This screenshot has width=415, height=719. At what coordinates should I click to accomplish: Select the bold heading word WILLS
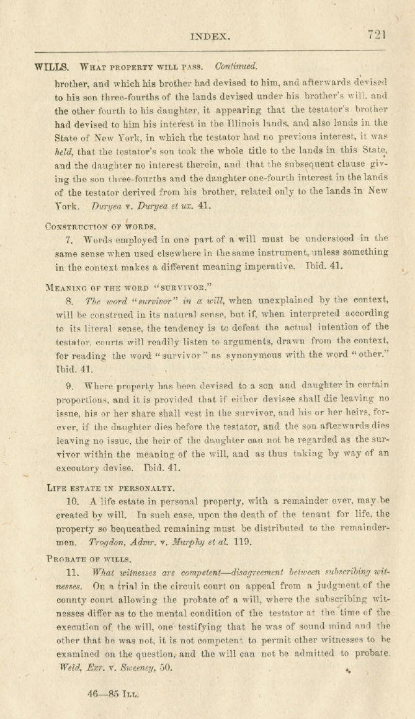pos(52,66)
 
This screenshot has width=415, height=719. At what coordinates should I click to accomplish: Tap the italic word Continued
pos(236,66)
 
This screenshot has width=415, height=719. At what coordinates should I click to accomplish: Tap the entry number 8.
pos(69,300)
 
